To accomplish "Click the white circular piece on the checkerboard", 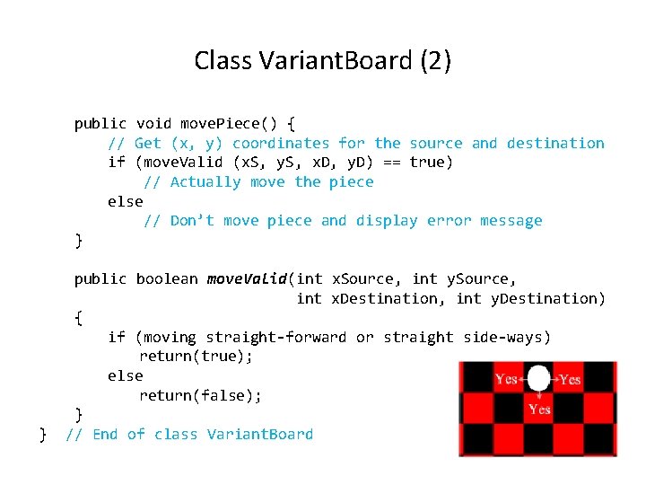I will tap(538, 378).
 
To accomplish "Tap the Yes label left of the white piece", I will tap(507, 379).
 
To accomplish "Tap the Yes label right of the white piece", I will tap(571, 379).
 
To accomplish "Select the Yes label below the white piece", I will tap(539, 410).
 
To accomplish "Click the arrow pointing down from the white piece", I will tap(538, 396).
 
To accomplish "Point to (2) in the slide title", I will tap(435, 61).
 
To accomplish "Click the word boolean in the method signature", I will tap(166, 278).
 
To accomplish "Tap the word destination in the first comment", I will tap(555, 143).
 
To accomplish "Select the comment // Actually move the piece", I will tap(258, 181).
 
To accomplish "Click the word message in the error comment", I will tap(511, 220).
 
